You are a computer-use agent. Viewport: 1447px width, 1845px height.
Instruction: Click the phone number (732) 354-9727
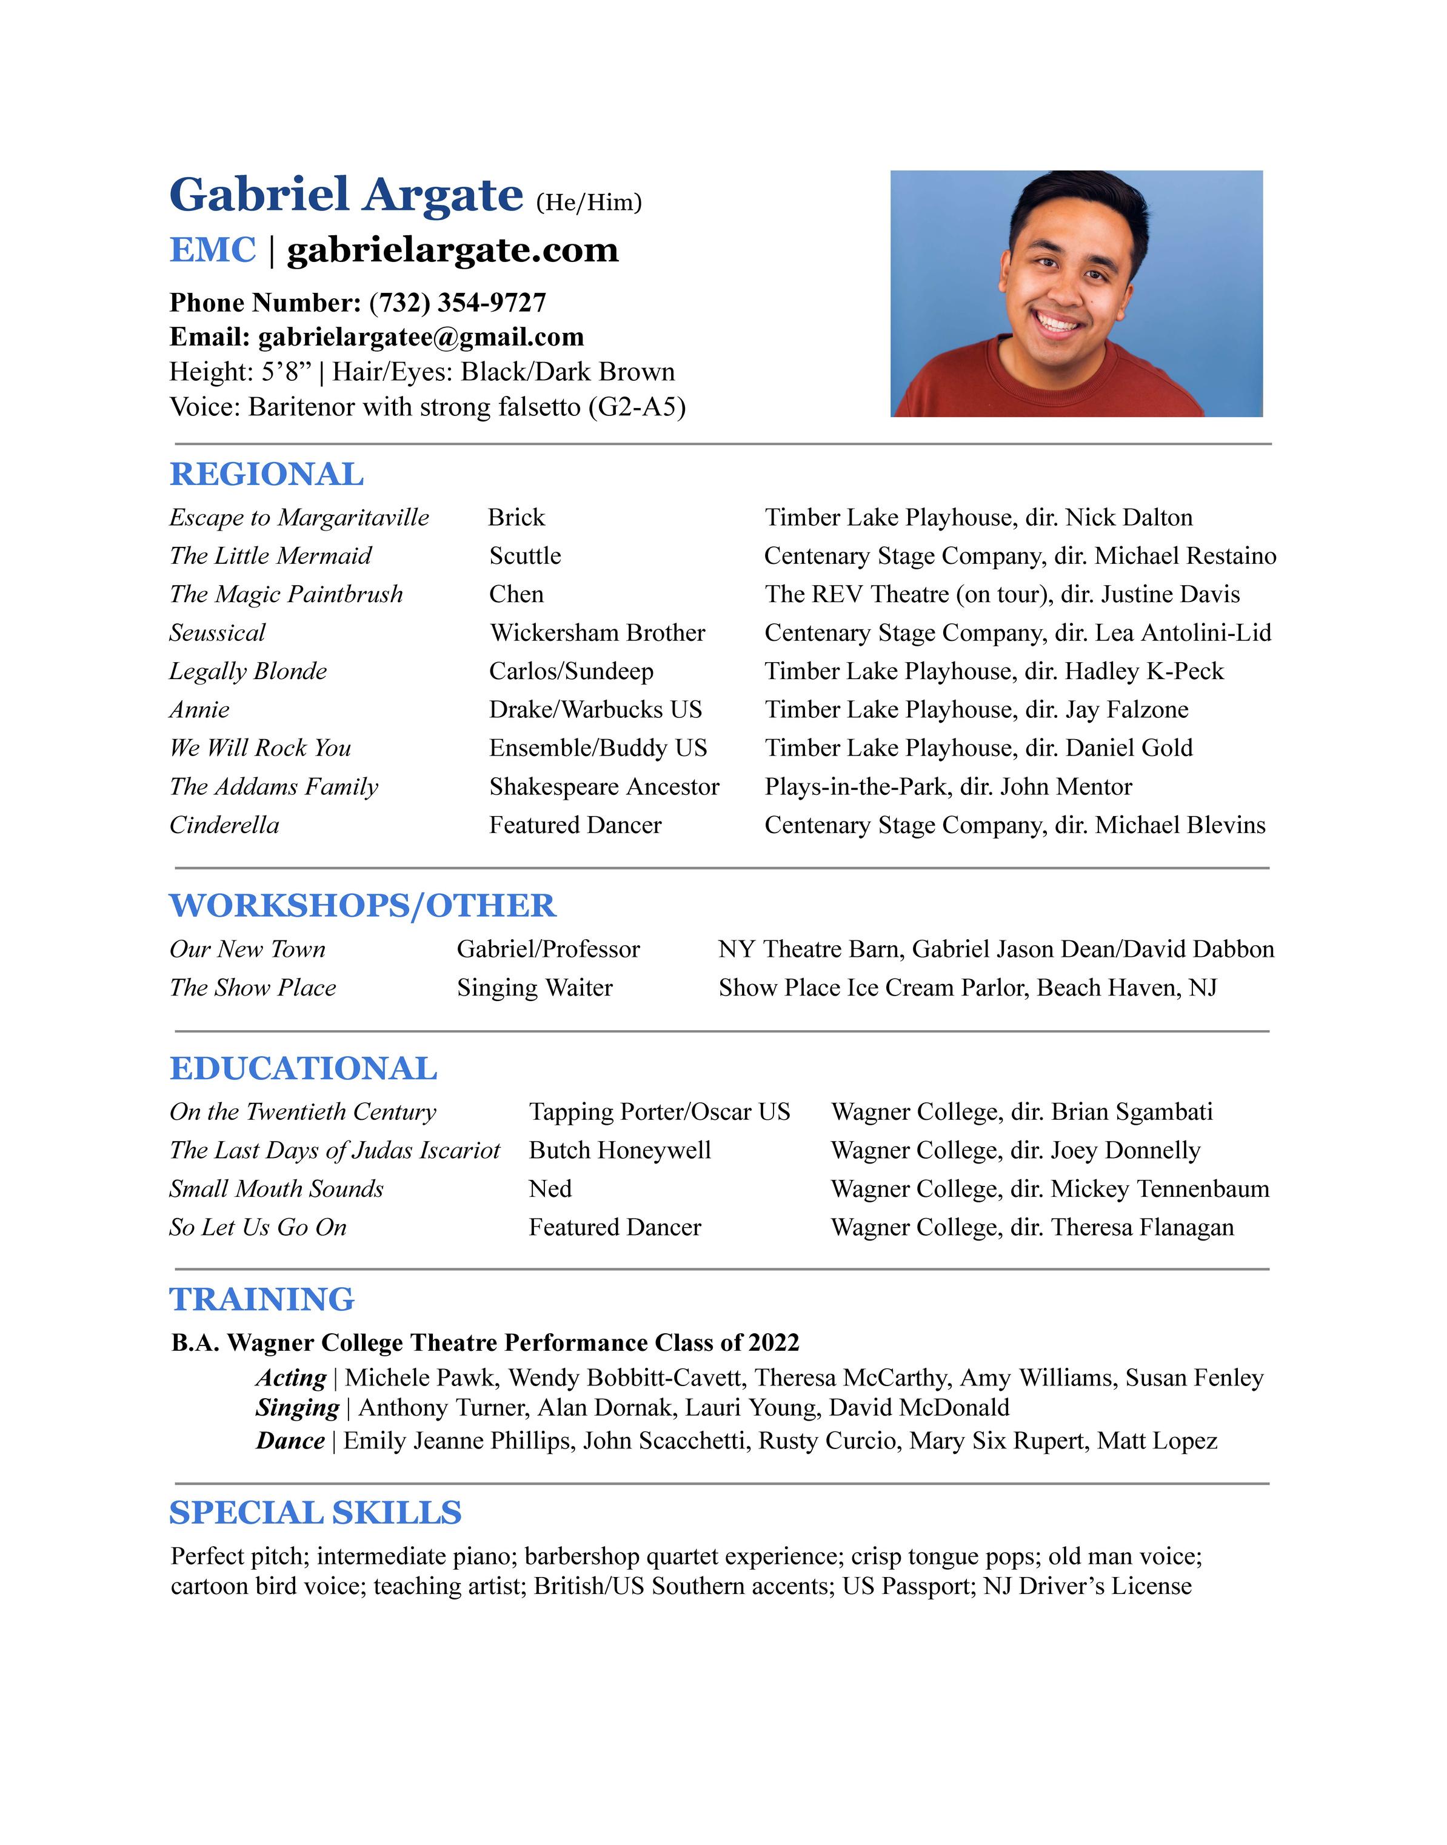coord(458,303)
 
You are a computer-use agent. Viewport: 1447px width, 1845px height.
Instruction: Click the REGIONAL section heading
coord(267,474)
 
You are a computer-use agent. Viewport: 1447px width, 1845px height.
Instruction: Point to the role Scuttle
coord(525,556)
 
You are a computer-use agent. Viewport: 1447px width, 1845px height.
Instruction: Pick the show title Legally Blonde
coord(248,671)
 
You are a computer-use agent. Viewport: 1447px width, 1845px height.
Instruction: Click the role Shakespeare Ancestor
coord(604,786)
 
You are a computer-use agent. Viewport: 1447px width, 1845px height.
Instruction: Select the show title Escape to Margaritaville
coord(299,518)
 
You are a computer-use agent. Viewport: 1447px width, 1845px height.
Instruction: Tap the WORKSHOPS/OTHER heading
coord(363,906)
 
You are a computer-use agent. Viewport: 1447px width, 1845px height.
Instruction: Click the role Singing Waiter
coord(535,988)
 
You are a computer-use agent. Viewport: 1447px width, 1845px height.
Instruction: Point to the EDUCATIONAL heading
coord(303,1068)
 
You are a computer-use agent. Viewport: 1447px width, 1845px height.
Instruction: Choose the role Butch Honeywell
coord(620,1150)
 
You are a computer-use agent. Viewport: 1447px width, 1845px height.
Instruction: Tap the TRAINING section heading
coord(262,1299)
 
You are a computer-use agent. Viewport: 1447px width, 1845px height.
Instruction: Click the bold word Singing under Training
coord(298,1407)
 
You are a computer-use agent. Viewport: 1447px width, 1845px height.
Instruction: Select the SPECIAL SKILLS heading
coord(315,1512)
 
